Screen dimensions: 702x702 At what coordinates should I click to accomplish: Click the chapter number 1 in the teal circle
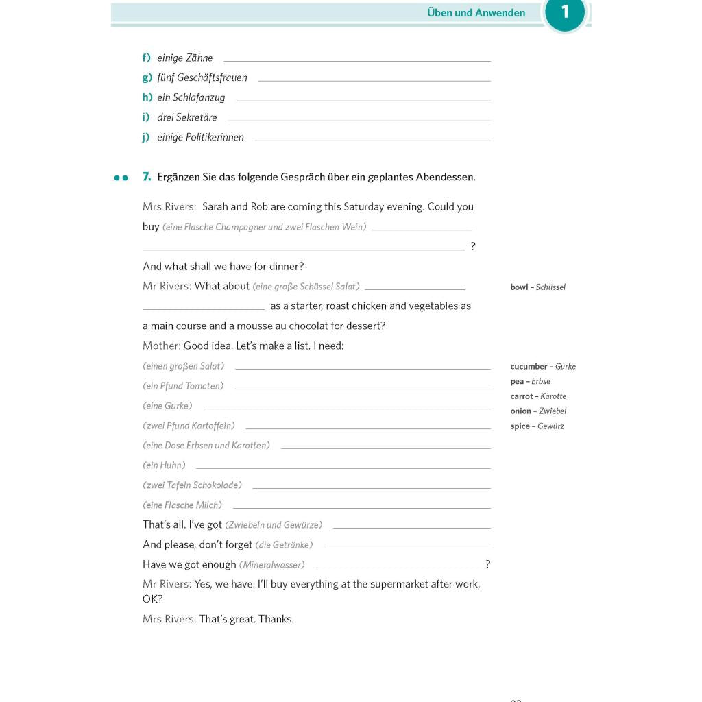click(565, 12)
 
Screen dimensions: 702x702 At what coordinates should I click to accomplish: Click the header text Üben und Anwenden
click(476, 13)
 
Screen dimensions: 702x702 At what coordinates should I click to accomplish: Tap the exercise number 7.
click(146, 177)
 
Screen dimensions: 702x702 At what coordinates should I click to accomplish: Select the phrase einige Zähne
click(185, 58)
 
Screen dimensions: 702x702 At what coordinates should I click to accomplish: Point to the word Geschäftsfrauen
click(212, 78)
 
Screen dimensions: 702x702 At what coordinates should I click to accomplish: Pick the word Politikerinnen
click(215, 138)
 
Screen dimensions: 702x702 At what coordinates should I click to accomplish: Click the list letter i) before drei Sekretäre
click(146, 118)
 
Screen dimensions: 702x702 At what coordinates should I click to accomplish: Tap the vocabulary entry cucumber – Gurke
click(543, 367)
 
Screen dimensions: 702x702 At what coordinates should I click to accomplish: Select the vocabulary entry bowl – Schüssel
click(537, 287)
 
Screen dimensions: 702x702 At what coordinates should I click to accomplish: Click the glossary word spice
click(520, 426)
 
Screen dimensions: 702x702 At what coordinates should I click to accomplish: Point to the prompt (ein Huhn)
click(164, 465)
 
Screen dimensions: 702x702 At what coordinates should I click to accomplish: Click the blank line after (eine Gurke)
click(346, 409)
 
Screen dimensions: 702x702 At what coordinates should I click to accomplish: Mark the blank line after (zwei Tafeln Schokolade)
click(371, 488)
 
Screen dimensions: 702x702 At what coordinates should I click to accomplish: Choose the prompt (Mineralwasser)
click(271, 565)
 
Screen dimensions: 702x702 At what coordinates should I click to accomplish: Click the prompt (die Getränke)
click(284, 545)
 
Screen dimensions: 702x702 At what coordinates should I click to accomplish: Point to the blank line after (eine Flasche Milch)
click(361, 508)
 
